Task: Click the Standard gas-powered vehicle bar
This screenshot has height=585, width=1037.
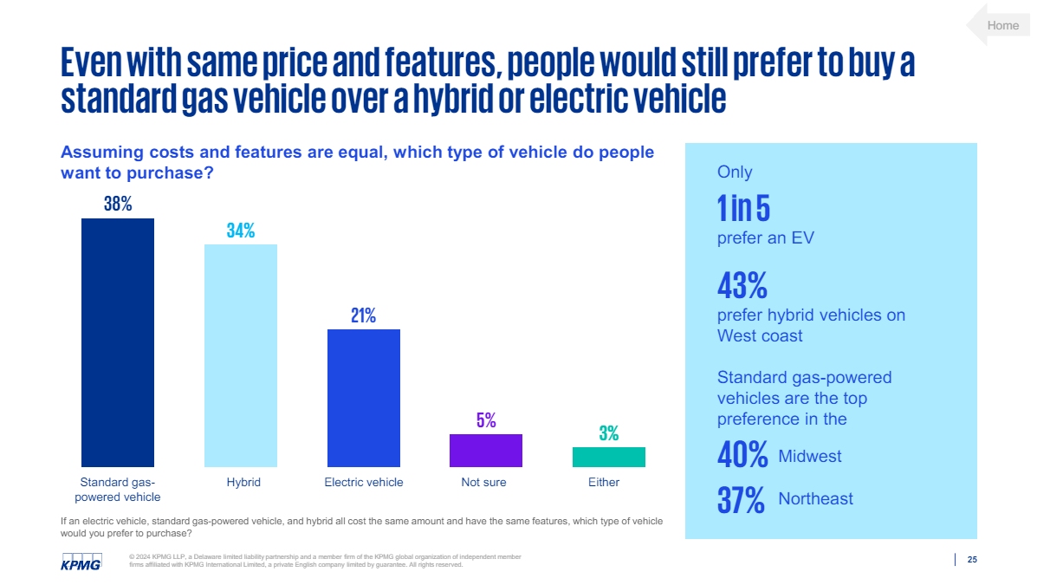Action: click(x=118, y=342)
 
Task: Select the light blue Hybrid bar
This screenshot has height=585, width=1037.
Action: click(x=241, y=355)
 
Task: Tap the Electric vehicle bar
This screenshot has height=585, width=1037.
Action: click(x=364, y=398)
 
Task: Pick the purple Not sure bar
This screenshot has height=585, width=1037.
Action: click(x=486, y=450)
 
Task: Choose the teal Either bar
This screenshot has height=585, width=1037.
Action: click(x=609, y=457)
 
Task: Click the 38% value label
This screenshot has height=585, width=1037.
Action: click(x=118, y=204)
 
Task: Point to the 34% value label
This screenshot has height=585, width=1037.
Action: click(x=241, y=231)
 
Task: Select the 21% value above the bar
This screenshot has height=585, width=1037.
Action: click(x=363, y=315)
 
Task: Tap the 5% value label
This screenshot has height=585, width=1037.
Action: click(x=486, y=420)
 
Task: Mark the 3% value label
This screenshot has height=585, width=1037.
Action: click(x=609, y=434)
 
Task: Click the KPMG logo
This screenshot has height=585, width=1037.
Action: click(x=81, y=561)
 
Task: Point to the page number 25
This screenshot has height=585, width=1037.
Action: click(x=971, y=560)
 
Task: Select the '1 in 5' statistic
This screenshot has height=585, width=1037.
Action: click(x=743, y=208)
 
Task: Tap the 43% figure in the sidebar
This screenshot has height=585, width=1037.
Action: click(x=742, y=284)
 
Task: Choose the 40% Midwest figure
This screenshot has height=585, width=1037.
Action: click(x=742, y=455)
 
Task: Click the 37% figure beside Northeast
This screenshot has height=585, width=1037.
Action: click(x=741, y=498)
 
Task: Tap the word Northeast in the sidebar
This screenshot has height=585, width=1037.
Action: click(x=815, y=498)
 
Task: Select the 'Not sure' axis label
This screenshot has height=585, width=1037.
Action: click(x=483, y=482)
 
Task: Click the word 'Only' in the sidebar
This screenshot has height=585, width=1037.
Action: click(x=735, y=172)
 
